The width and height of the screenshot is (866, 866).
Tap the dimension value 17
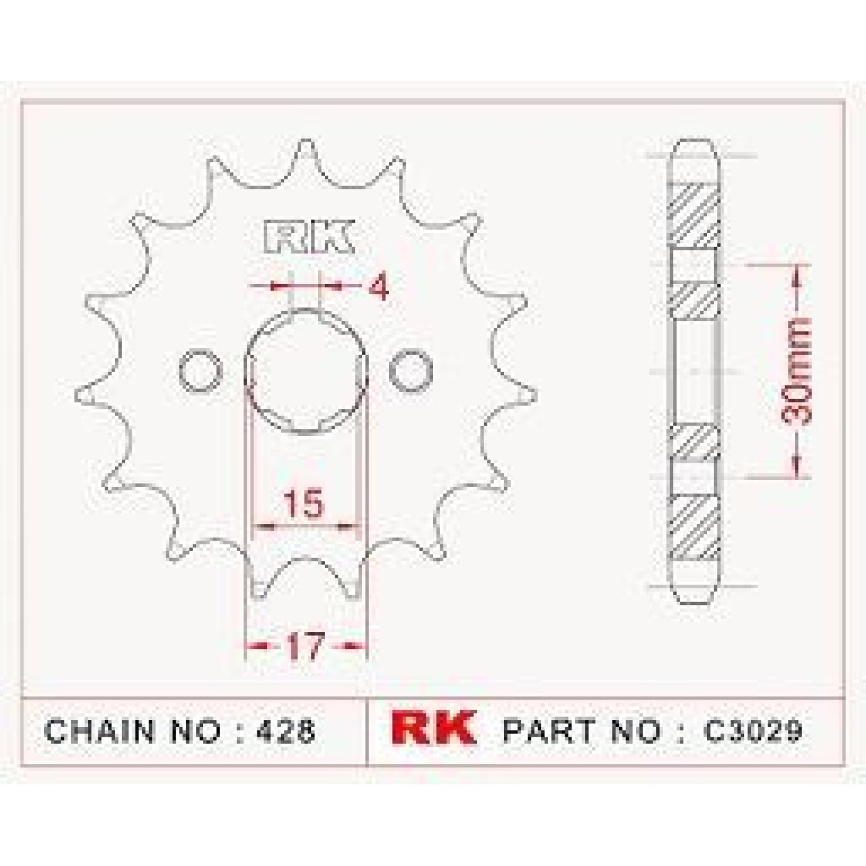click(x=305, y=646)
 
